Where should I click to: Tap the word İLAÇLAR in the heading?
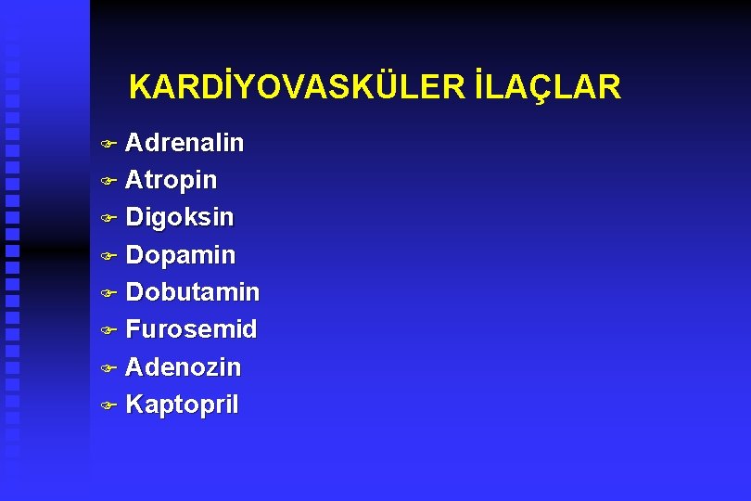[x=546, y=87]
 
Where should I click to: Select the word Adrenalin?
[x=185, y=143]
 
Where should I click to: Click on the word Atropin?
[x=171, y=179]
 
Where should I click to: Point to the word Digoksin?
[x=180, y=217]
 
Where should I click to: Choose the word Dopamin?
[x=180, y=255]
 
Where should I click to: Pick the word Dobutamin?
[x=192, y=292]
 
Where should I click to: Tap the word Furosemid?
[x=191, y=329]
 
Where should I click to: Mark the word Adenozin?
[x=183, y=367]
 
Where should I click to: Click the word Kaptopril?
[x=182, y=405]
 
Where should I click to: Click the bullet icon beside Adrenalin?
[x=108, y=144]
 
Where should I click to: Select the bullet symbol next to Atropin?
[x=108, y=180]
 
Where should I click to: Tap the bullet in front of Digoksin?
[x=108, y=218]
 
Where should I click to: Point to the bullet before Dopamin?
[x=108, y=255]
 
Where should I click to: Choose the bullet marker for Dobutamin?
[x=108, y=293]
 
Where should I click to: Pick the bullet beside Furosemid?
[x=108, y=330]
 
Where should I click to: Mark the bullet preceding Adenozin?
[x=108, y=368]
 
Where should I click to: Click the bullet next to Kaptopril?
[x=108, y=405]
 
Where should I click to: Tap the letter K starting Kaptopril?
[x=134, y=405]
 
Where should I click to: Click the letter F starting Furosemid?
[x=134, y=329]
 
